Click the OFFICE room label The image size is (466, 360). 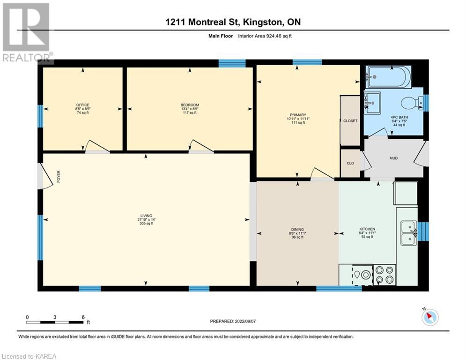(x=82, y=105)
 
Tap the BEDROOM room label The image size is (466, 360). (x=190, y=105)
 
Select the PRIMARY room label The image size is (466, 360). (x=298, y=115)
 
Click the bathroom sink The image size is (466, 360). (x=372, y=103)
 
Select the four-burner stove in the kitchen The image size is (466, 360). (x=385, y=275)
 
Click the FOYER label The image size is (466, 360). (x=59, y=176)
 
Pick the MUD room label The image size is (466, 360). (x=393, y=158)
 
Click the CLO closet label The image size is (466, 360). (x=350, y=163)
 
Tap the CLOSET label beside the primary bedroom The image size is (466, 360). (x=350, y=121)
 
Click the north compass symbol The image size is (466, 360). (x=430, y=317)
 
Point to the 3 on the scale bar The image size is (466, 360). (x=55, y=317)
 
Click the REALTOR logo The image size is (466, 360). (x=27, y=33)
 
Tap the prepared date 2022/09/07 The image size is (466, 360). (x=245, y=321)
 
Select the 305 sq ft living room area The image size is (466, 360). (x=147, y=224)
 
